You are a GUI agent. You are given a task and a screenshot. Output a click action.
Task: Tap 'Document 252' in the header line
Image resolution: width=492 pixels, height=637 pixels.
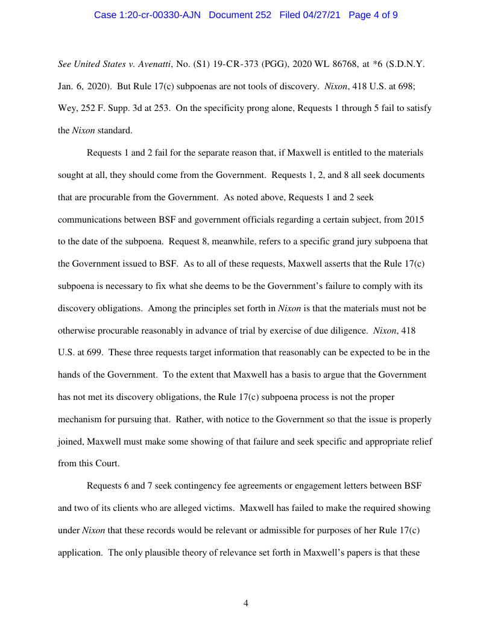pyautogui.click(x=240, y=14)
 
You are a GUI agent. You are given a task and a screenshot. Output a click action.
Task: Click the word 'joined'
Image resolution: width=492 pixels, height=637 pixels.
pyautogui.click(x=71, y=442)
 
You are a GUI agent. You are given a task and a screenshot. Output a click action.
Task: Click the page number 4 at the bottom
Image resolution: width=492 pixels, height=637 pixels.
pyautogui.click(x=246, y=604)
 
